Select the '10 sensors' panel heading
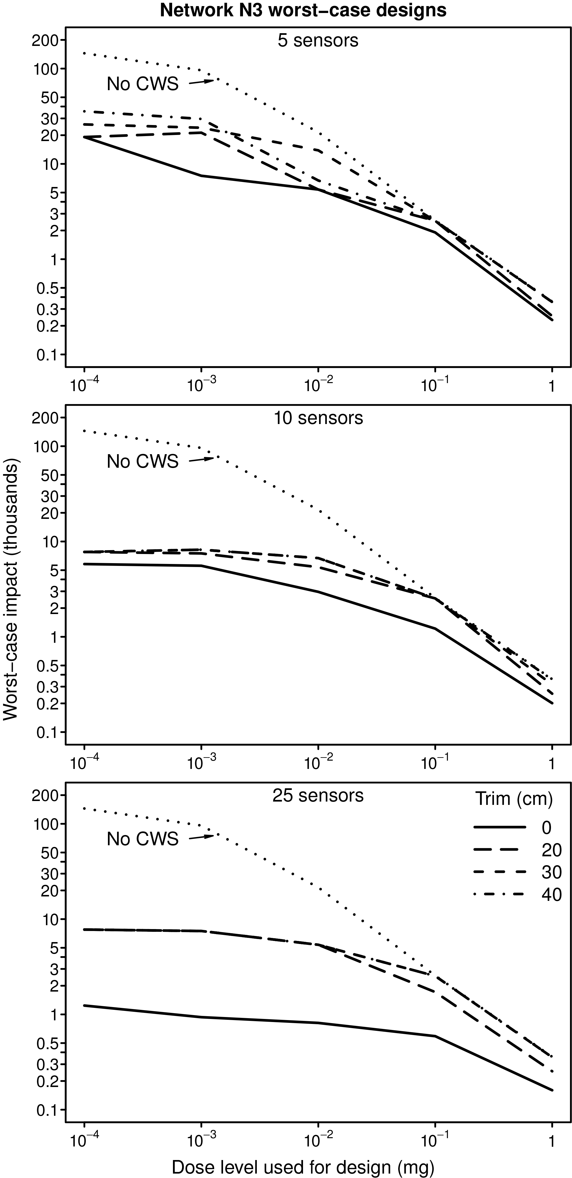click(x=318, y=418)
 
